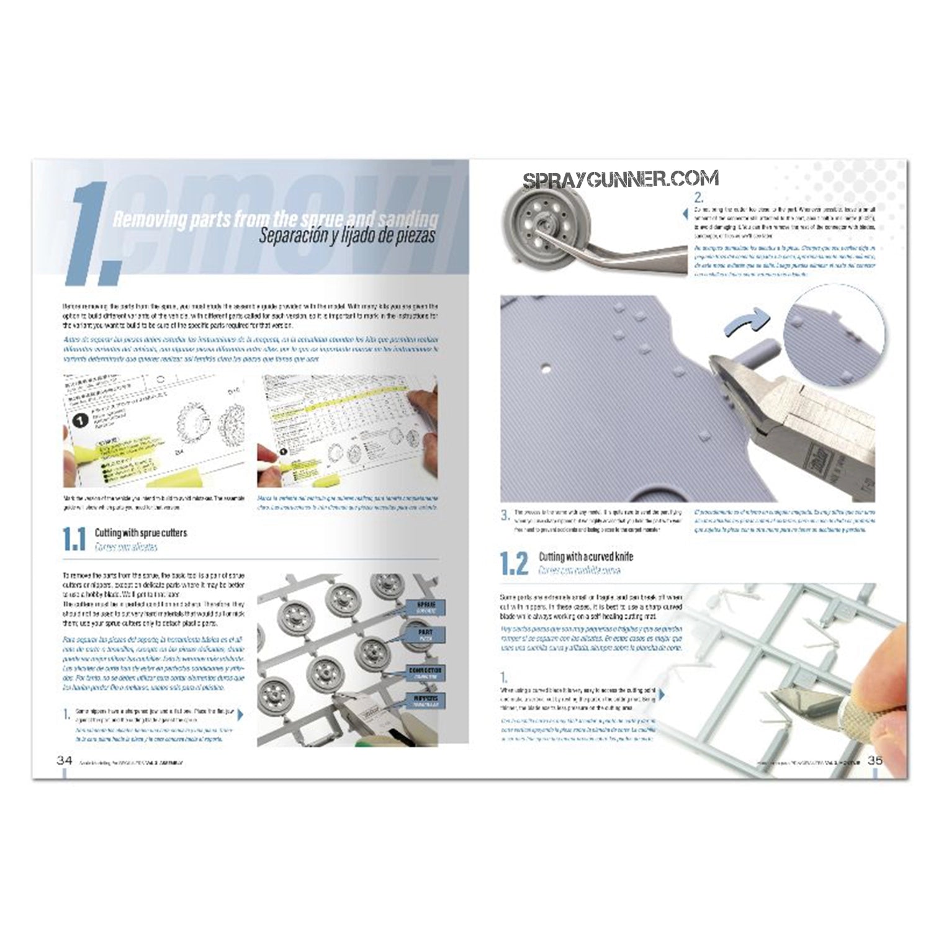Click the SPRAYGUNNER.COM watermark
(x=621, y=180)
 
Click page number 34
(x=64, y=760)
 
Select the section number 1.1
(x=74, y=539)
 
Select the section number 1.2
(x=514, y=563)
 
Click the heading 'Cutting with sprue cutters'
(x=140, y=533)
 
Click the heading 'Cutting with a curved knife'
(x=585, y=557)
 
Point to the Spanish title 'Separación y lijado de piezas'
(x=347, y=236)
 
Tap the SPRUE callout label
(x=421, y=607)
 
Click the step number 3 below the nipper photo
(x=505, y=515)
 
